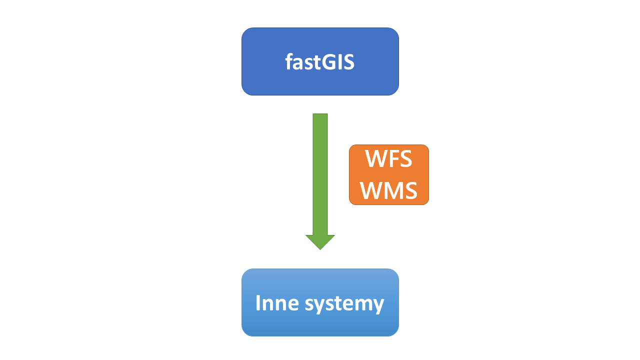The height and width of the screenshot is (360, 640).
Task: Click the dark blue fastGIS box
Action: pos(320,61)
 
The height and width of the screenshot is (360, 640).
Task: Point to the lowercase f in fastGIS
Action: pos(289,61)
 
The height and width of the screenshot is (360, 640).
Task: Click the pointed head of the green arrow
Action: pos(320,242)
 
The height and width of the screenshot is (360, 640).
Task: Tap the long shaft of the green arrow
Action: pos(320,174)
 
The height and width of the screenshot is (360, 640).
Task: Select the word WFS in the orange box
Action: pos(388,159)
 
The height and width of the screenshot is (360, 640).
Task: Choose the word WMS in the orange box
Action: pos(388,190)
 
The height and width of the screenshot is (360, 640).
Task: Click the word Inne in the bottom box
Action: pos(277,302)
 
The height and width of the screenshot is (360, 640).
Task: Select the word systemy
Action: pos(344,304)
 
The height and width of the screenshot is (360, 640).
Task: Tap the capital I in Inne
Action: pos(257,302)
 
